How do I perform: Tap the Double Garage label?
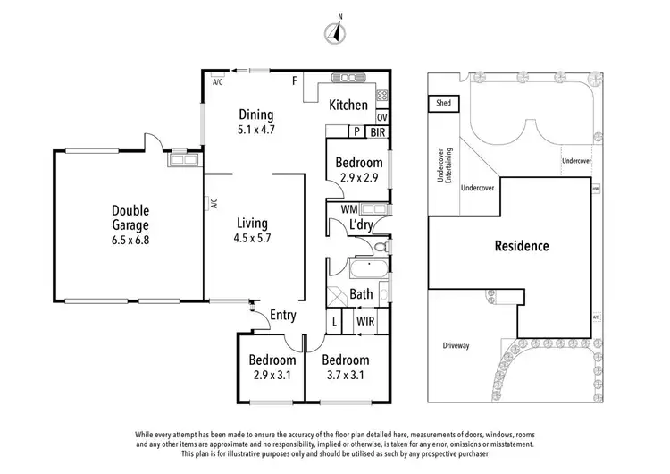tap(130, 218)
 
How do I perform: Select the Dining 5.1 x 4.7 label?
tap(255, 122)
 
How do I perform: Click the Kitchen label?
tap(348, 105)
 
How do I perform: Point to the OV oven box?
tap(382, 117)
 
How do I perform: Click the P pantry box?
tap(356, 131)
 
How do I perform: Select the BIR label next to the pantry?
tap(376, 131)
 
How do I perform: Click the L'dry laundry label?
tap(360, 224)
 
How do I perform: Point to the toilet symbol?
tap(380, 246)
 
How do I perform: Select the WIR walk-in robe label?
tap(364, 320)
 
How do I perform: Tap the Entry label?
tap(282, 314)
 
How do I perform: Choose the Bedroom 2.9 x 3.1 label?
tap(272, 367)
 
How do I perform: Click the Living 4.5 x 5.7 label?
tap(253, 231)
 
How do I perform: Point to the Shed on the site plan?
tap(443, 104)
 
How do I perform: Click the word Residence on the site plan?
tap(523, 246)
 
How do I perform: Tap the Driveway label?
tap(456, 344)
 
